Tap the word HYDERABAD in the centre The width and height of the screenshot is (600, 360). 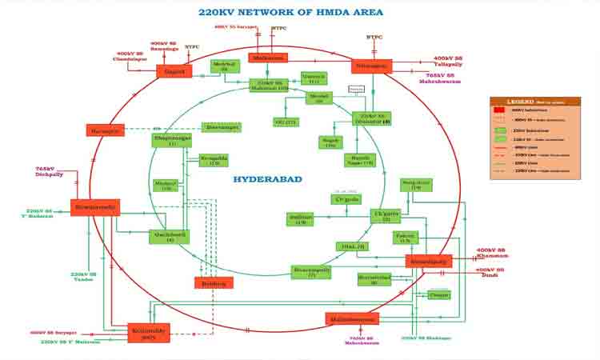[x=267, y=179]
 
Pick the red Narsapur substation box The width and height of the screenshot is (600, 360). [x=105, y=130]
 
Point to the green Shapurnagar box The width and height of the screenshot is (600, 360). [x=172, y=140]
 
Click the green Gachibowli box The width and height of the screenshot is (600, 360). [x=169, y=237]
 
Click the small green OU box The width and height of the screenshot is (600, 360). [x=286, y=122]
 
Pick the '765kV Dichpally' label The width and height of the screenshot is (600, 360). [x=50, y=173]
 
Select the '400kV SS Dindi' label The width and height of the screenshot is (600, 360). [x=490, y=272]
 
